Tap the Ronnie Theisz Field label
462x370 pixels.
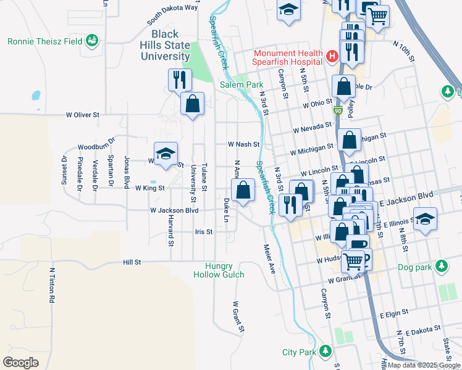[45, 42]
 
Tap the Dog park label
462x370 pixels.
[414, 267]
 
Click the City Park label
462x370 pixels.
[299, 352]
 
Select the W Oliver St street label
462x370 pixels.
[83, 115]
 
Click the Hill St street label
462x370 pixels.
[132, 262]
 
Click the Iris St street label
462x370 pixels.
[204, 232]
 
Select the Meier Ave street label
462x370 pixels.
[270, 259]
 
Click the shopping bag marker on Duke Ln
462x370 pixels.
[244, 191]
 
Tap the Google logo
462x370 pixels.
[21, 362]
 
